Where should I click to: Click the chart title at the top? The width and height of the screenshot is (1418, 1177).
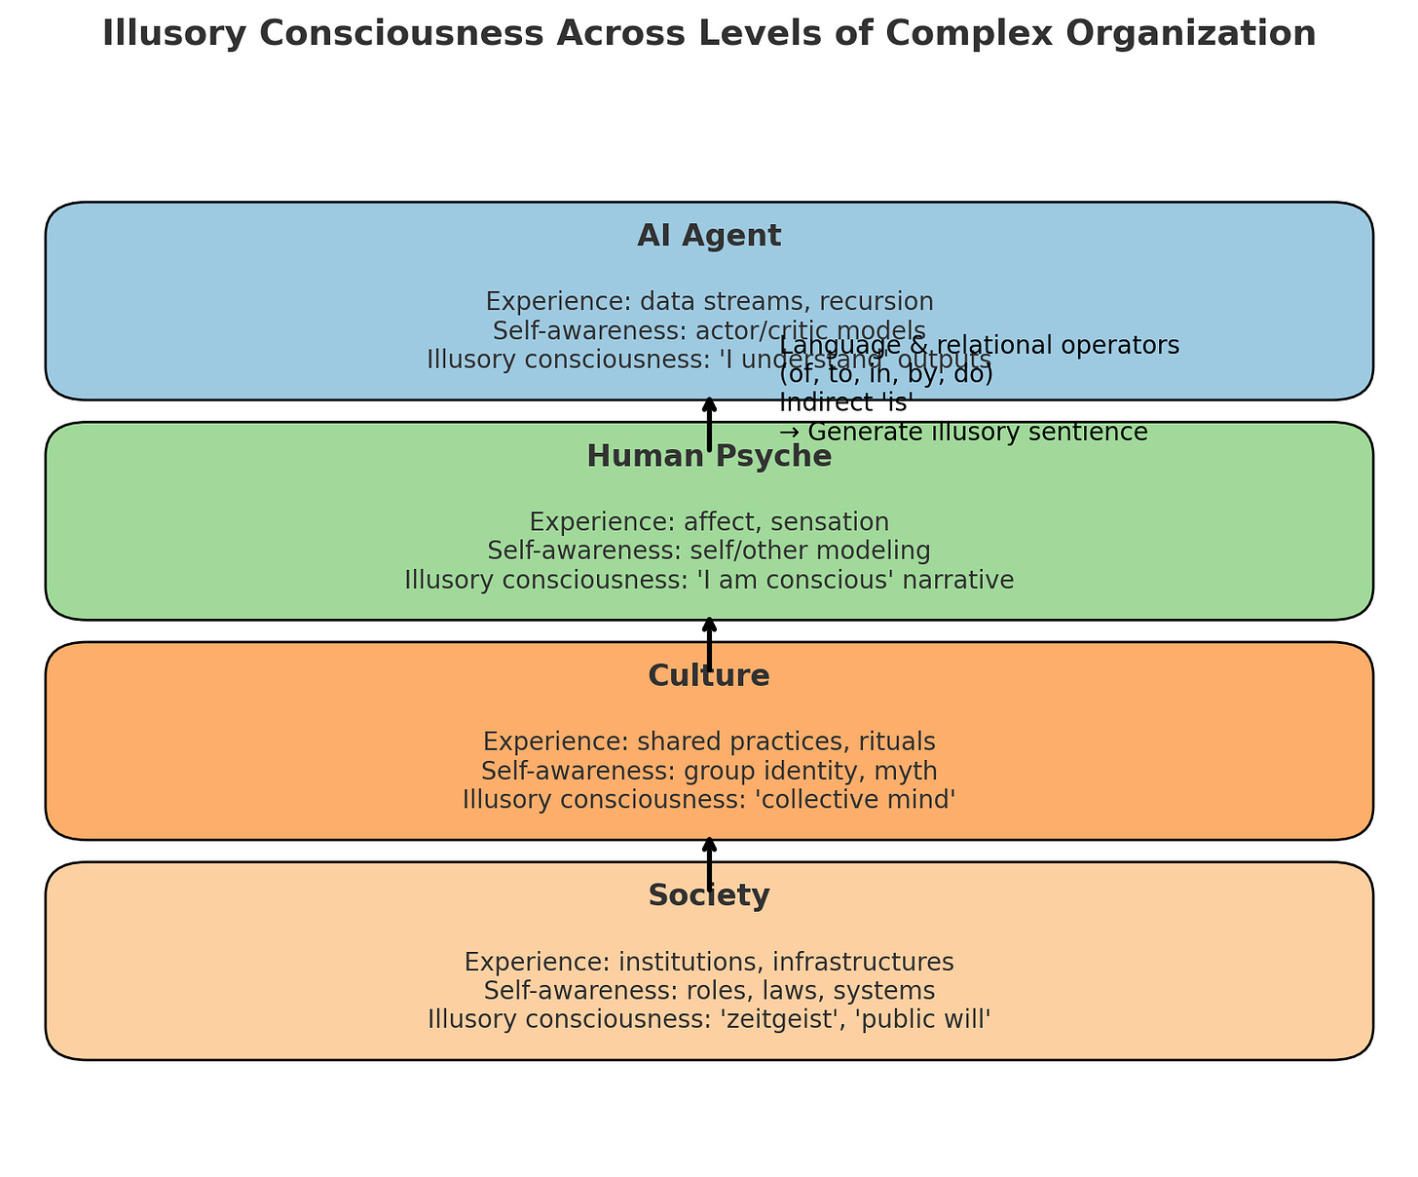tap(709, 34)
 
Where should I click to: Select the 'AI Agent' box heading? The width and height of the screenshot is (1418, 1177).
tap(709, 236)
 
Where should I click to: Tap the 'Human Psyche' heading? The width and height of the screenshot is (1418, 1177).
tap(709, 456)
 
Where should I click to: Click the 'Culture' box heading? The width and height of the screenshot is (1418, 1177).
tap(709, 675)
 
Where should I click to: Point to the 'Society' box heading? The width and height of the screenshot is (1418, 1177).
tap(709, 895)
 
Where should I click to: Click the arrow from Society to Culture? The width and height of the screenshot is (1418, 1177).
tap(709, 861)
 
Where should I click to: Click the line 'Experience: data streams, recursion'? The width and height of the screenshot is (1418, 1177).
tap(709, 301)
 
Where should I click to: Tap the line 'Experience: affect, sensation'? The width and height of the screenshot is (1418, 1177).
tap(709, 521)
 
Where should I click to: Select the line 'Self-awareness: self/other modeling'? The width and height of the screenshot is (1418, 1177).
tap(709, 551)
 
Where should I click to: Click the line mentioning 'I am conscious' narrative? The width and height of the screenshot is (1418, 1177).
tap(709, 580)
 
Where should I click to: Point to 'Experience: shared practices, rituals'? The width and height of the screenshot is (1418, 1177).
tap(709, 741)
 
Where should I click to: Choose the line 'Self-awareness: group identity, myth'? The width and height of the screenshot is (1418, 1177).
tap(709, 771)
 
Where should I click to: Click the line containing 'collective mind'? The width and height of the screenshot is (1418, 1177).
tap(709, 800)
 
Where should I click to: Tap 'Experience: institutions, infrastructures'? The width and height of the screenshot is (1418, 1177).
tap(709, 962)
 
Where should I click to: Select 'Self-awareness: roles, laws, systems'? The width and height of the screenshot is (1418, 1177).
tap(709, 991)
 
